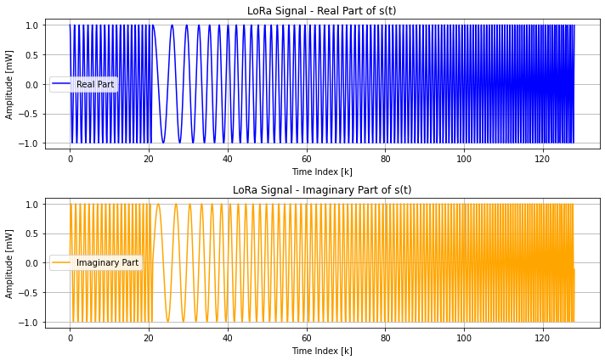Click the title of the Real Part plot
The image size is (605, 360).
(322, 11)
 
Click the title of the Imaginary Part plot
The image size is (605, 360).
(322, 189)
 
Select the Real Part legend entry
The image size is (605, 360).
(94, 84)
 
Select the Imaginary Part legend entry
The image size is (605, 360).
(107, 262)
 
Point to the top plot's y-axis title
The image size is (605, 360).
(11, 84)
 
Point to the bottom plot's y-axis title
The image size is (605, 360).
(11, 262)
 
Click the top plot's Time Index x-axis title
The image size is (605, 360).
(322, 172)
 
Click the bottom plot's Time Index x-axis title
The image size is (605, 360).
(322, 350)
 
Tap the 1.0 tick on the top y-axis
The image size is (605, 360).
(31, 25)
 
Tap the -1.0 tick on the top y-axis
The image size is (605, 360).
(29, 143)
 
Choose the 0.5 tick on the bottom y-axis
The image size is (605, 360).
(31, 233)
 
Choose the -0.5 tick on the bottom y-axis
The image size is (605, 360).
(29, 292)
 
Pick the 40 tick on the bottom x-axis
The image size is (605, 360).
(228, 337)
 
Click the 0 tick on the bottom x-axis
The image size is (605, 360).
(71, 337)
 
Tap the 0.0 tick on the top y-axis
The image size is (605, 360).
(31, 84)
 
